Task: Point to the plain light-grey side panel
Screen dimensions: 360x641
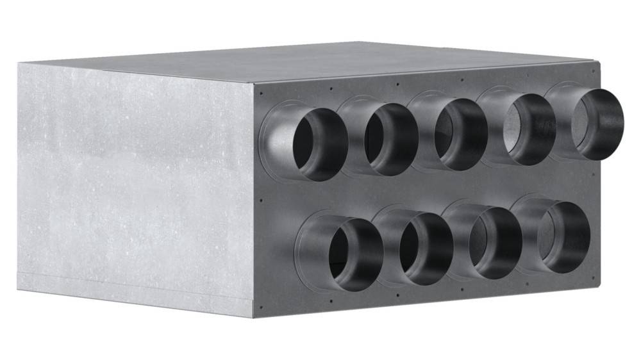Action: (135, 186)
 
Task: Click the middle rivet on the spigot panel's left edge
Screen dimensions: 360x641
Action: (262, 200)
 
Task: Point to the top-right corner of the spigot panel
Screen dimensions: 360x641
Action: (600, 63)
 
